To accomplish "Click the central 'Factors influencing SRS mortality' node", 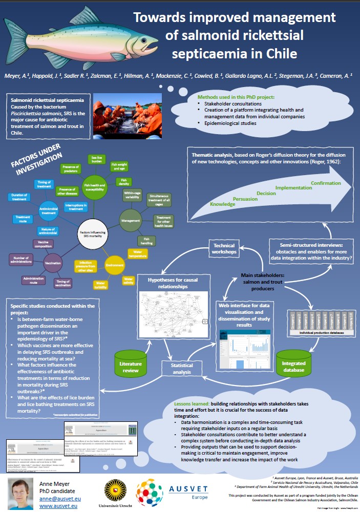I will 93,233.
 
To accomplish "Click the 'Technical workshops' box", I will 224,249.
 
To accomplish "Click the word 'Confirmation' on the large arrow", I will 326,182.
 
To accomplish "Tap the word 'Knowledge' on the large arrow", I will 208,204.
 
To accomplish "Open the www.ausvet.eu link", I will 58,507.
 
